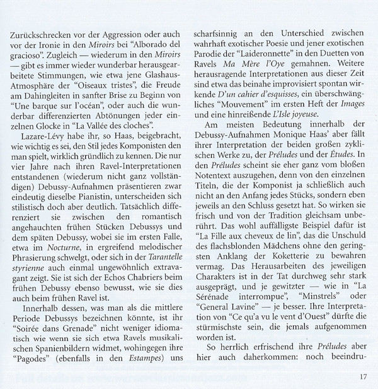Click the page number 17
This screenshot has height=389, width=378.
pyautogui.click(x=364, y=378)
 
